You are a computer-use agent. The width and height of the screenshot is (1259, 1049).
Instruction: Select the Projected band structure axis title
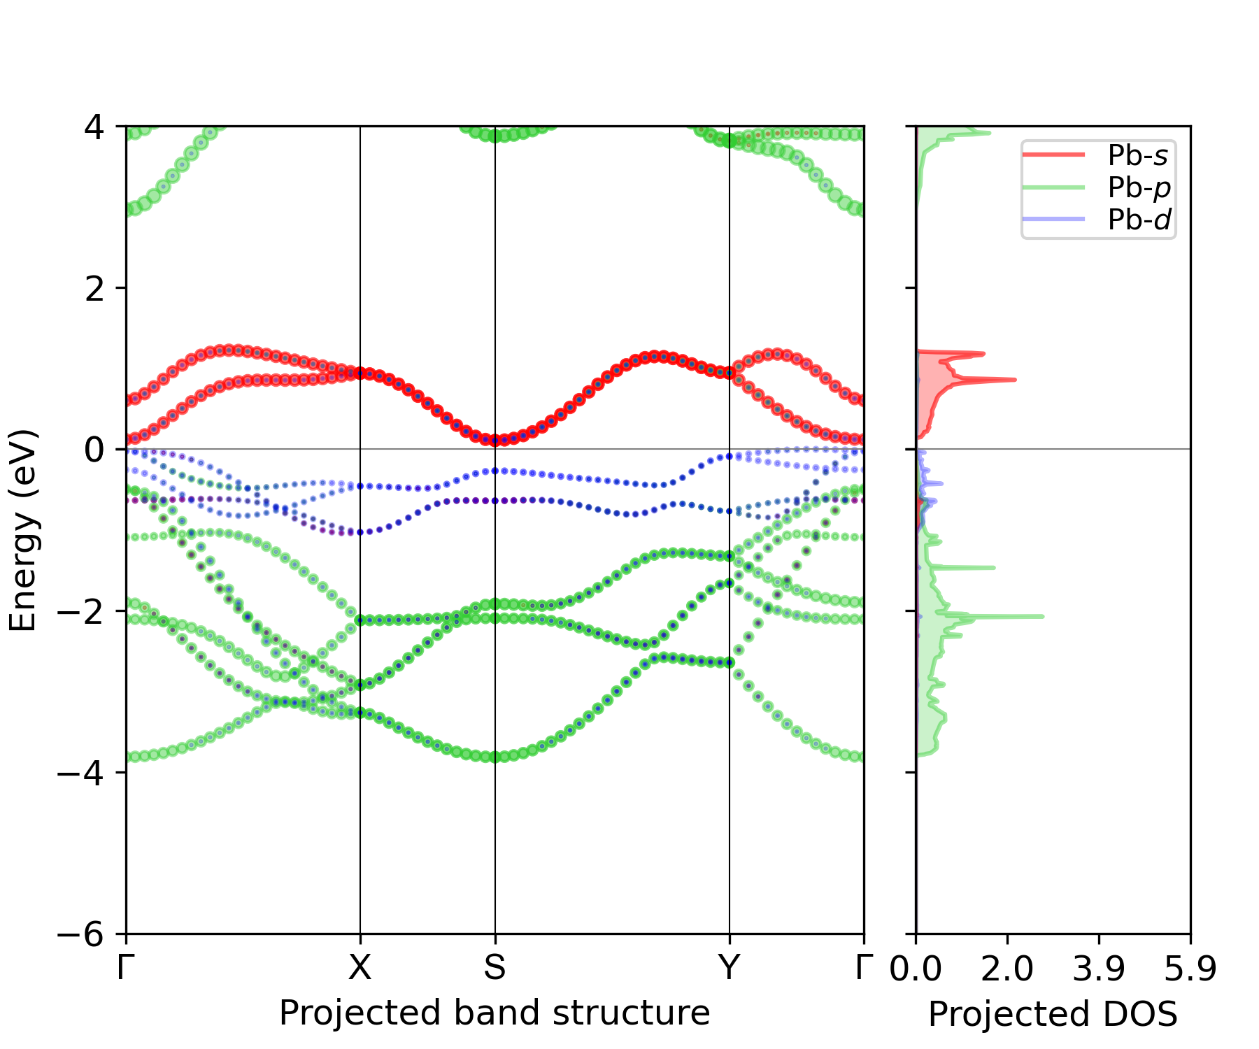pos(495,1013)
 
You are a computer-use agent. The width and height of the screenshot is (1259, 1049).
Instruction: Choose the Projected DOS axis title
pos(1053,1014)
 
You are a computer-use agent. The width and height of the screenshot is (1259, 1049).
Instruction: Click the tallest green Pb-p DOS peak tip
pos(1043,616)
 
